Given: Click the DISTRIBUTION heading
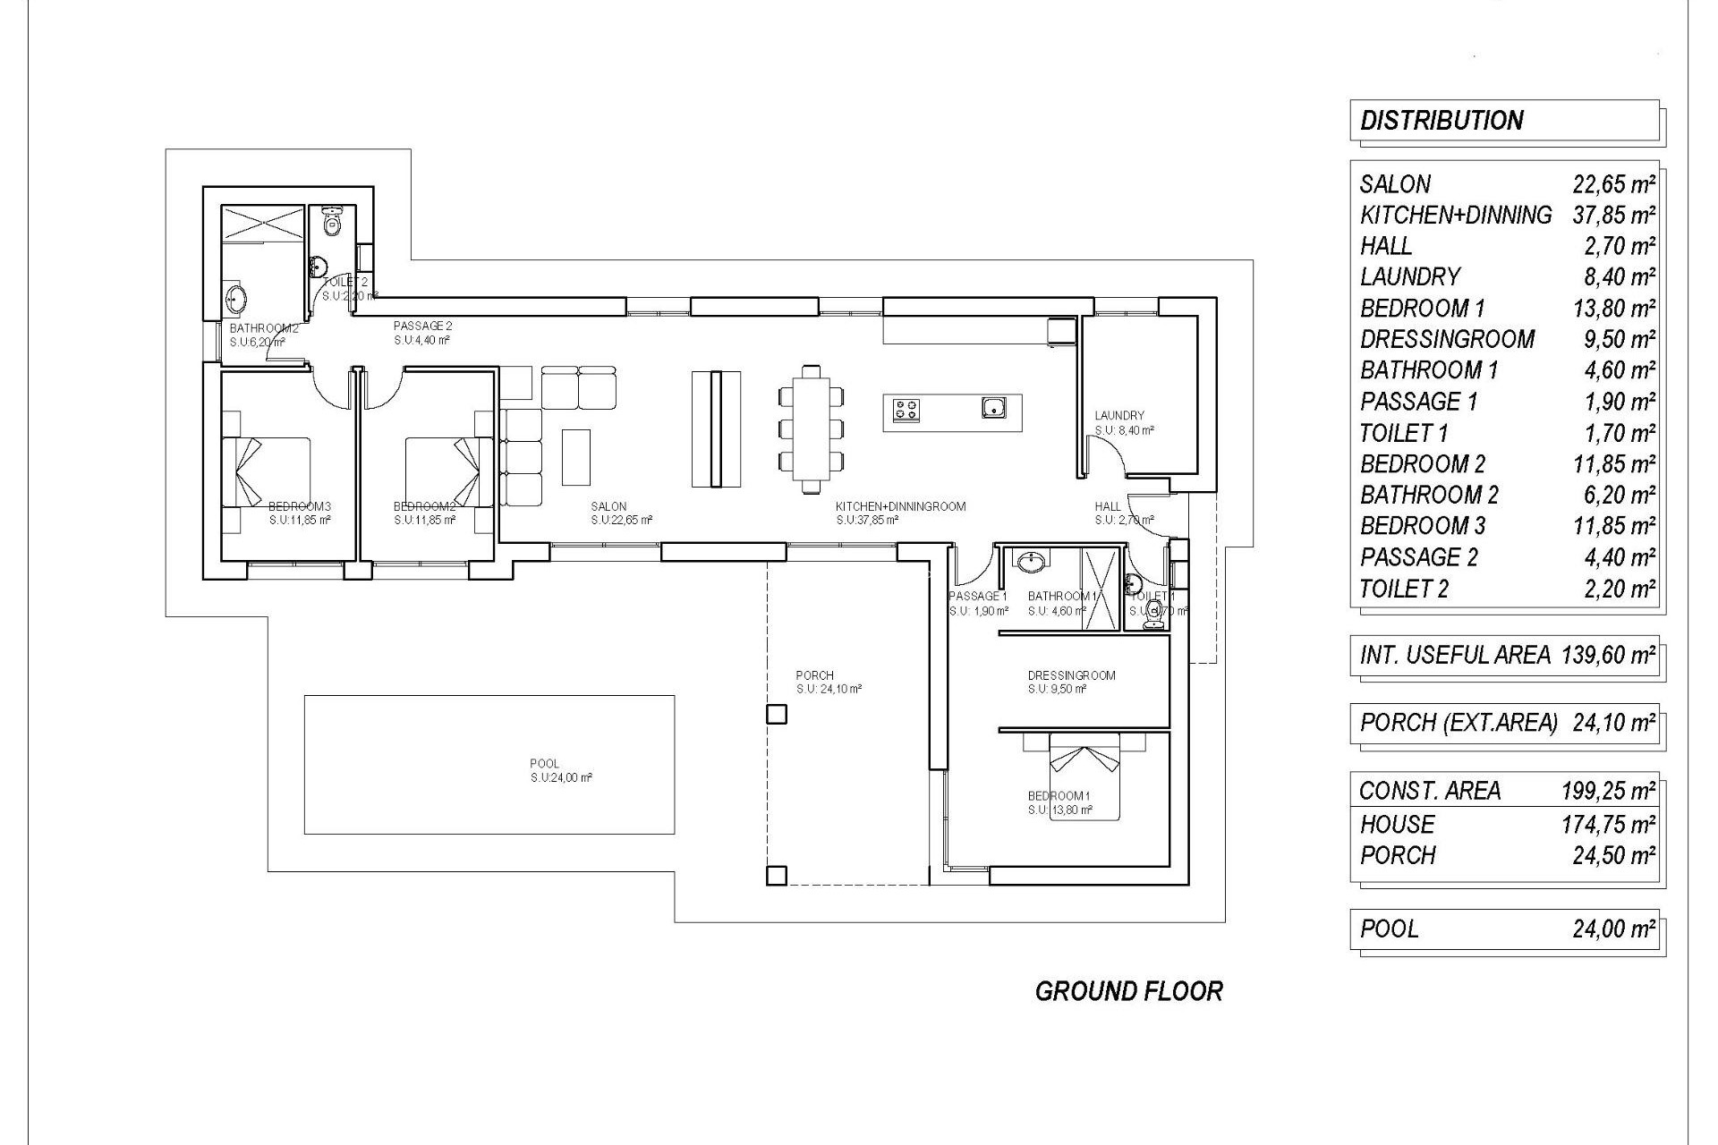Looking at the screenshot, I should [x=1442, y=121].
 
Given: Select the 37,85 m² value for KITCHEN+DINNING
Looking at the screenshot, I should [x=1613, y=216].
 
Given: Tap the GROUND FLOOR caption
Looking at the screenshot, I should [x=1128, y=991].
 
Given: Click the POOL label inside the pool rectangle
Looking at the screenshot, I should [x=544, y=763].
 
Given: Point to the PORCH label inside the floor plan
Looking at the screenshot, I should [x=814, y=675].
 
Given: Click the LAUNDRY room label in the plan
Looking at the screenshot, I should [x=1119, y=415].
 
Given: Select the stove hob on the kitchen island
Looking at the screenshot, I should [x=906, y=410].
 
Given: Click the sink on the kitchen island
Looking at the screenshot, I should [x=992, y=409].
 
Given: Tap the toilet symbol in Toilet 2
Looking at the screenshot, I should [x=332, y=220].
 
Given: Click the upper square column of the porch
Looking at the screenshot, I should [x=777, y=714].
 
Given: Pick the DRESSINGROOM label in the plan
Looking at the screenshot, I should [x=1071, y=675].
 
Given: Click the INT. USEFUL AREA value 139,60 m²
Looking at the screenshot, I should [x=1608, y=656].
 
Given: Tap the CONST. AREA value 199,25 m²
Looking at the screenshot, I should [x=1608, y=791].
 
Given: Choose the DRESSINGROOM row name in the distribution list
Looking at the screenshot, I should [x=1447, y=340].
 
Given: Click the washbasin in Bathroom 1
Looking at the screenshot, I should [x=1032, y=562].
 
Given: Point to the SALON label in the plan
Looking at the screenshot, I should [x=608, y=506].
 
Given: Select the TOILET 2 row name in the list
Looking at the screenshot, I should [x=1403, y=589].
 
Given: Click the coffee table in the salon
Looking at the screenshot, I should [x=576, y=455].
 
